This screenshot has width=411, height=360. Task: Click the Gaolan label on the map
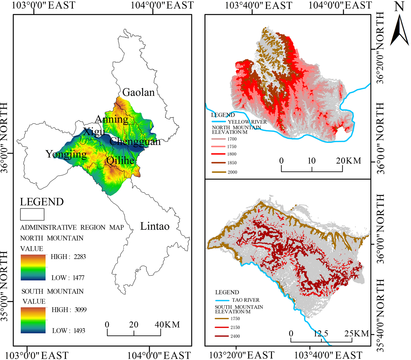coord(138,92)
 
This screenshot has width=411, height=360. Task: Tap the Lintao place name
coord(155,226)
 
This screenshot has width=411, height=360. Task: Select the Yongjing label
coord(66,154)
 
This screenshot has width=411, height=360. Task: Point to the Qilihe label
coord(120,161)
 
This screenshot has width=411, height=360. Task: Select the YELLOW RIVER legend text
coord(247,122)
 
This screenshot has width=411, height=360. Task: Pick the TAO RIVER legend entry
coord(245,300)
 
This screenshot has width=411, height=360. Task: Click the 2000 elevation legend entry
coord(232,172)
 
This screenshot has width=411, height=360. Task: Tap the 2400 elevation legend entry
coord(235,336)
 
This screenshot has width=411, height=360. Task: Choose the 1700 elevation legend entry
coord(232,139)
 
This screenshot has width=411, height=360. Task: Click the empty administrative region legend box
coord(32,214)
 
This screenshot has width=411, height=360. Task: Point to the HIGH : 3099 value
coord(69,310)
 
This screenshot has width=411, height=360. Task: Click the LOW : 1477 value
coord(68,278)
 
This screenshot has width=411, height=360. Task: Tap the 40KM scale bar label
coord(167,324)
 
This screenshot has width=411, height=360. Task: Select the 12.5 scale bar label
coord(321,333)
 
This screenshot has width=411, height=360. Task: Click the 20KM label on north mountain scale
coord(348,161)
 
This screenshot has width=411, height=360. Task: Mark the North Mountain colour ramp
coord(33,267)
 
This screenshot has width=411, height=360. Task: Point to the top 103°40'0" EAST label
coord(258,5)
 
